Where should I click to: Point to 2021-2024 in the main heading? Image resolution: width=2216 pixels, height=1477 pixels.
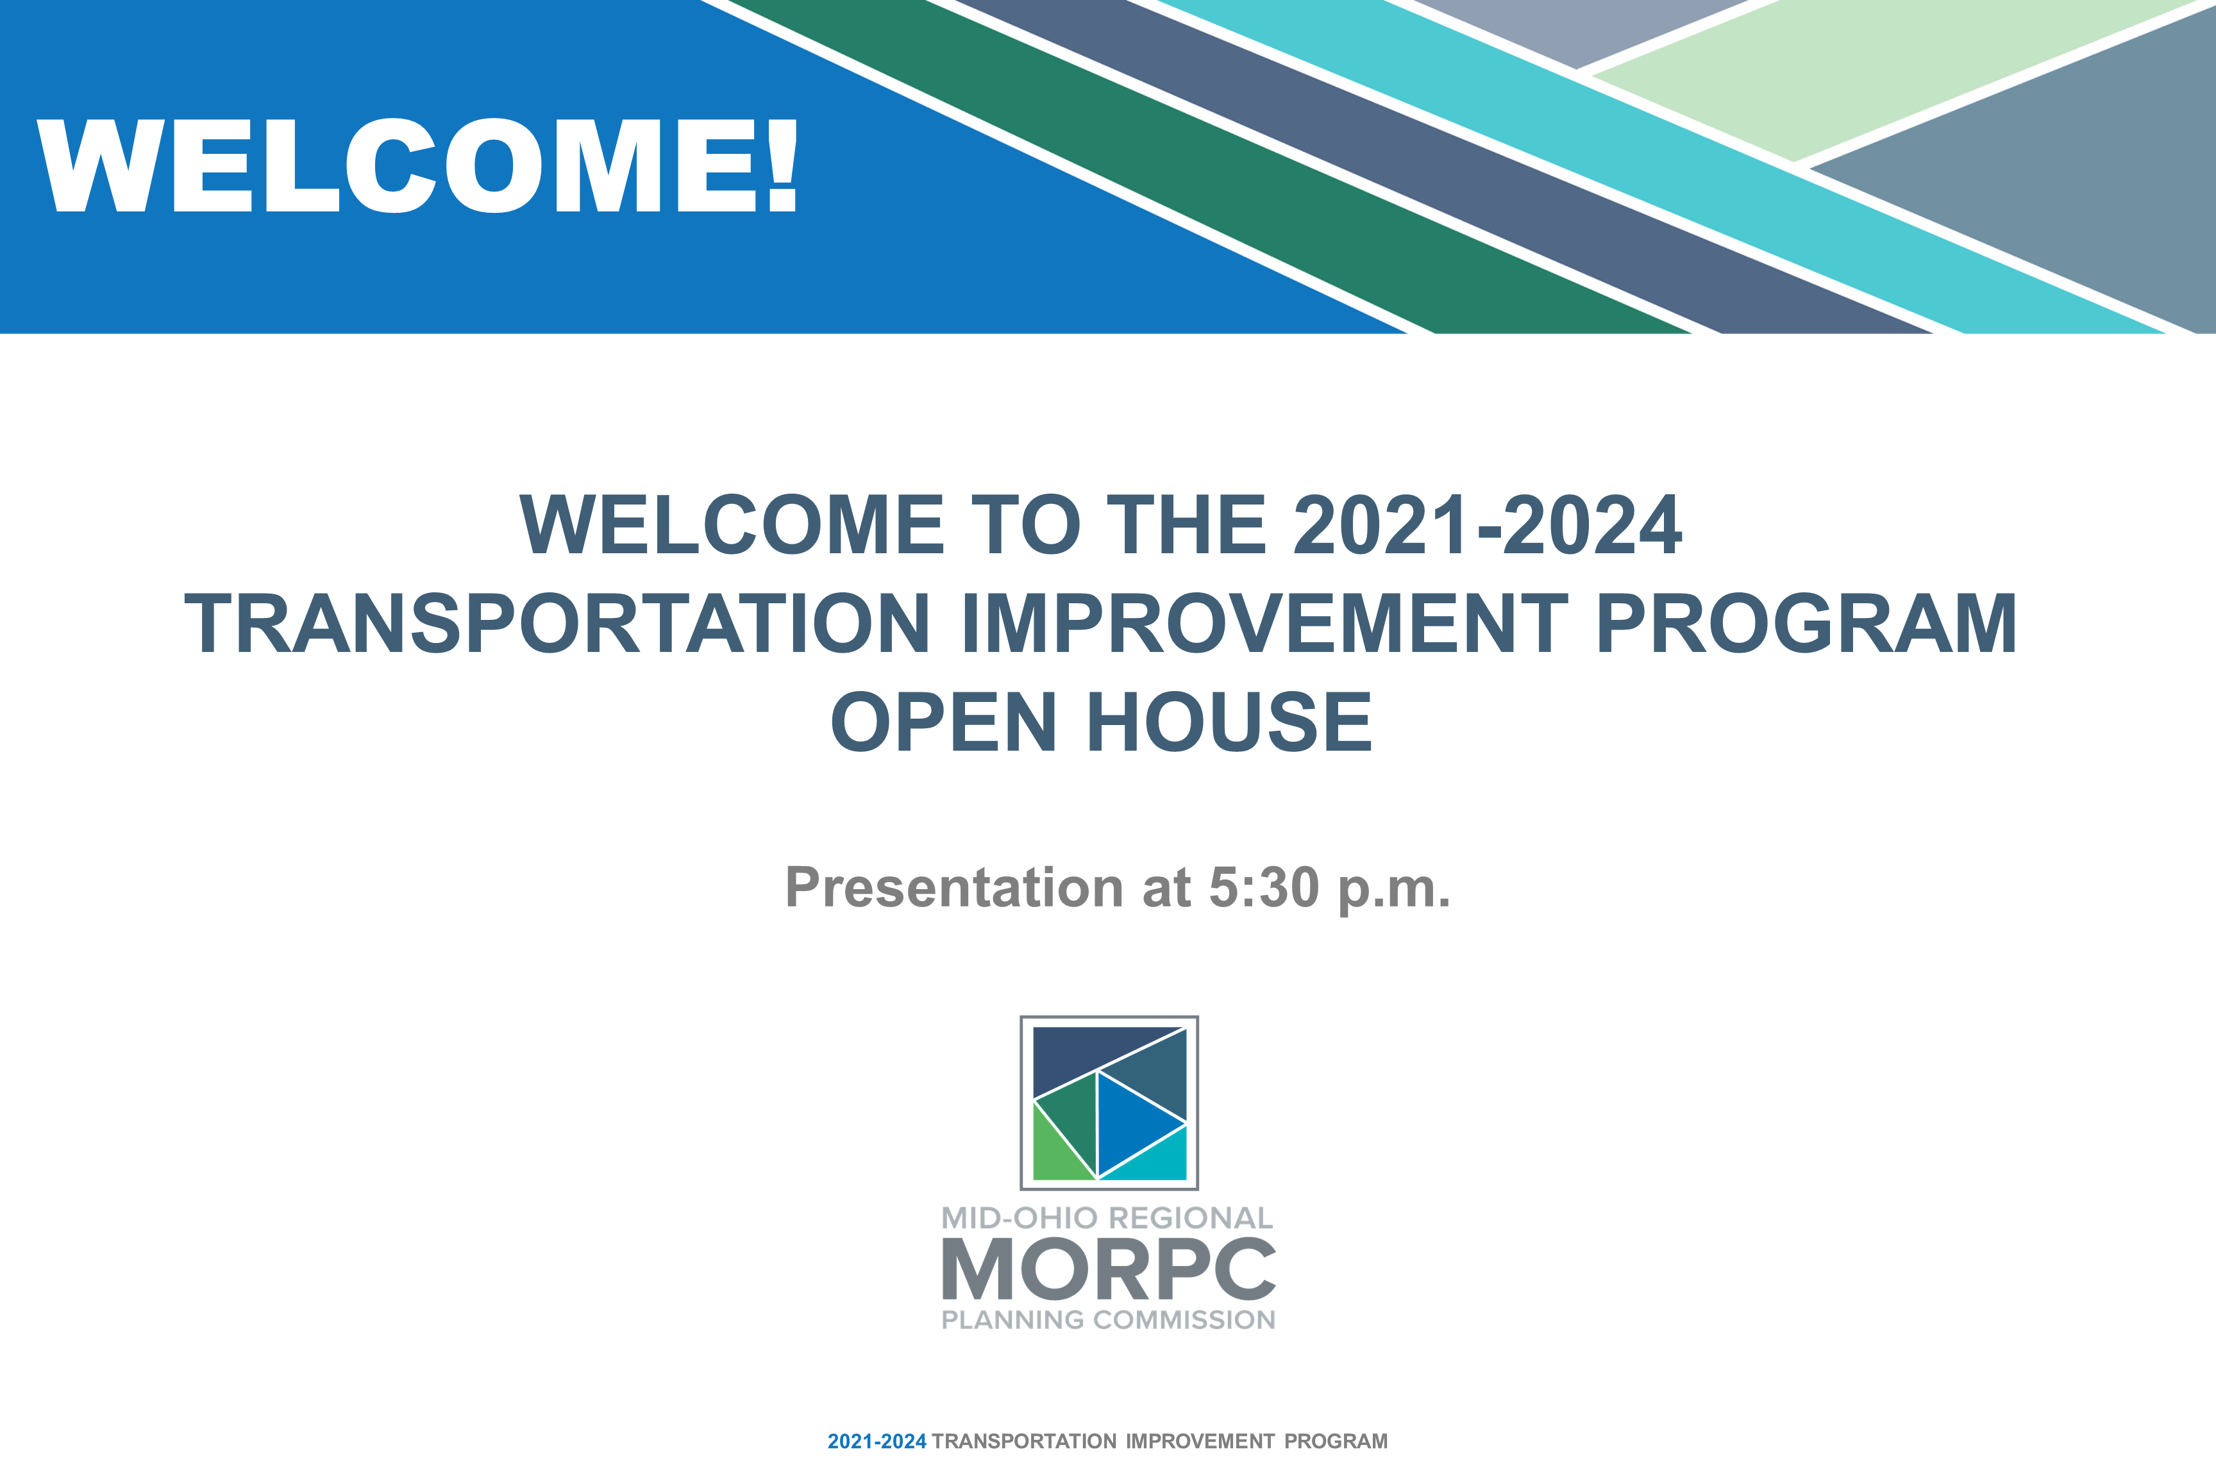click(x=1487, y=524)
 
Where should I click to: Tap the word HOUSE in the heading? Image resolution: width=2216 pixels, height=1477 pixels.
click(x=1230, y=722)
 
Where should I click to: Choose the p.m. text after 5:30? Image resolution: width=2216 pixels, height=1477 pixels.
click(x=1395, y=891)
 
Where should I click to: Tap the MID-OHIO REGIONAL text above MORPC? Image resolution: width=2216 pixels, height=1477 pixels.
click(x=1107, y=1218)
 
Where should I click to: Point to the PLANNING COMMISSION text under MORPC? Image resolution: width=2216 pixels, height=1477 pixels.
click(x=1109, y=1320)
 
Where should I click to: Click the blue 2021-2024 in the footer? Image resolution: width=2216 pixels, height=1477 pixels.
click(x=877, y=1441)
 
